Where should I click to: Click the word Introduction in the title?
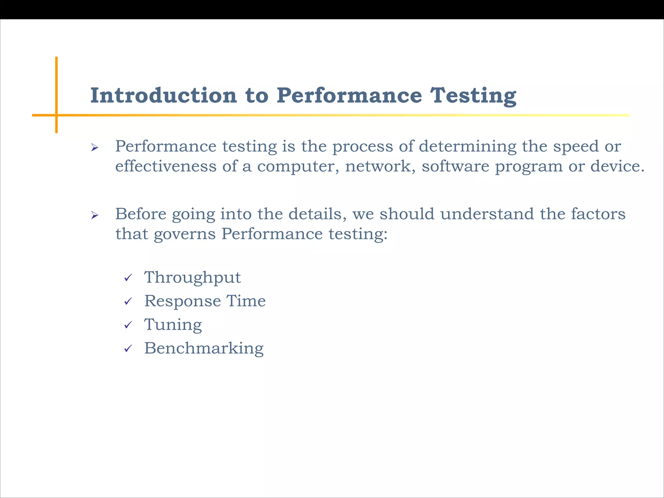point(163,96)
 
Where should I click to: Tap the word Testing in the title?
point(473,96)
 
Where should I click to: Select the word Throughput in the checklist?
point(193,278)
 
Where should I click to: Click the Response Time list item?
point(205,301)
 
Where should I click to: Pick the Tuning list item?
point(173,325)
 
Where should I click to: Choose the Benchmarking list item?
point(204,348)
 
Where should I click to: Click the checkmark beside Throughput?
point(128,278)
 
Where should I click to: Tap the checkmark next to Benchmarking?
point(128,349)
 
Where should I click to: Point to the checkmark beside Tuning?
point(128,325)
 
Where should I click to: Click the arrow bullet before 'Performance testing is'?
point(95,148)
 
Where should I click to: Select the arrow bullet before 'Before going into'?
point(95,215)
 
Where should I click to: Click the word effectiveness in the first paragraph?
point(166,166)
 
